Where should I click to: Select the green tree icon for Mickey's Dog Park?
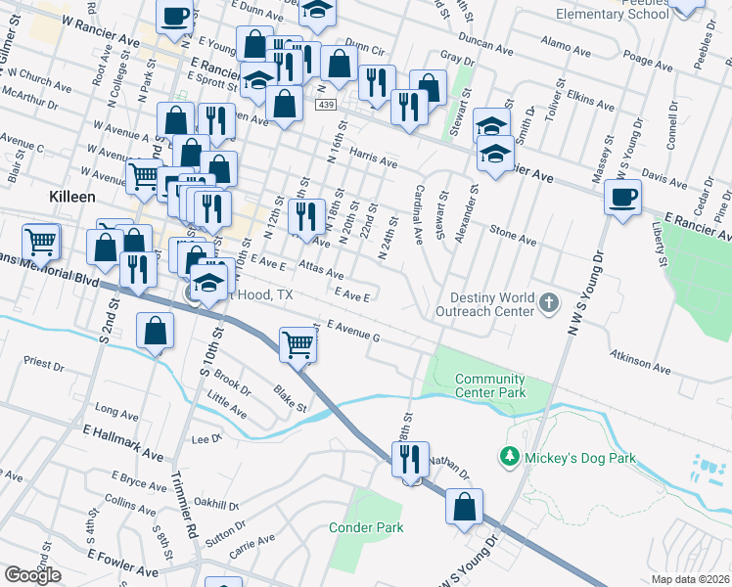coord(508,457)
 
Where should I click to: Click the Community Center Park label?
coord(489,385)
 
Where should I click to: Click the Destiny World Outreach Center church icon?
coord(550,304)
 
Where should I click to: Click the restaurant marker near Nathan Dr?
coord(410,458)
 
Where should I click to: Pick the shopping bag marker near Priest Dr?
coord(155,331)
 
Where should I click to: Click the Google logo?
coord(32,575)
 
